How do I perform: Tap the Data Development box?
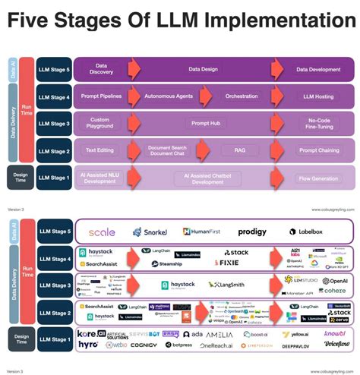[x=318, y=69]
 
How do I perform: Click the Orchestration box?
[x=241, y=96]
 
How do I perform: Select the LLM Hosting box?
[x=318, y=96]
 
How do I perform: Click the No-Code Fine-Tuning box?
[x=318, y=123]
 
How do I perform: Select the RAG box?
[x=240, y=150]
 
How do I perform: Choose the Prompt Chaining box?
[x=318, y=150]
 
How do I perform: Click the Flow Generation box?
[x=318, y=178]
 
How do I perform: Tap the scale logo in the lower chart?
[x=103, y=232]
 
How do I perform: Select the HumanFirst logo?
[x=200, y=232]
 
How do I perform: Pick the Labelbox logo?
[x=318, y=232]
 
